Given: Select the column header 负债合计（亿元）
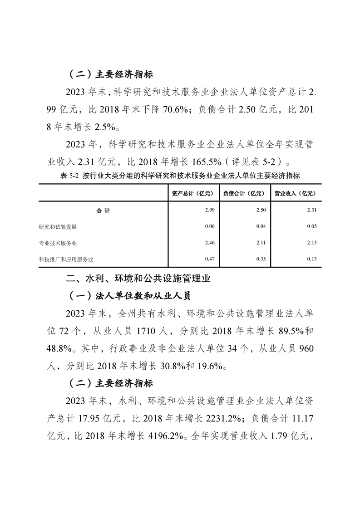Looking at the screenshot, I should tap(244, 193).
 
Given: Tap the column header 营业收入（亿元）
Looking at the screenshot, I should tap(296, 193).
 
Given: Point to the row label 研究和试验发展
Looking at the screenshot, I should tap(58, 226).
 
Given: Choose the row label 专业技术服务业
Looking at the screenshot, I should tap(58, 243).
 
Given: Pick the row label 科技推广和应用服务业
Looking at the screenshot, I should tap(66, 259).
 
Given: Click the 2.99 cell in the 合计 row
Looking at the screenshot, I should tap(209, 210).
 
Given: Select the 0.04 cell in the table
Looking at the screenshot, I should tap(261, 226).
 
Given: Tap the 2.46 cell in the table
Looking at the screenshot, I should tap(209, 243).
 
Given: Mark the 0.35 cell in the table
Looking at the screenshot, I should tap(261, 259).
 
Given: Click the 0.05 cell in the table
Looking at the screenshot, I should tap(312, 226).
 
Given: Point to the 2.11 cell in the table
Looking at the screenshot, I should tap(261, 243).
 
